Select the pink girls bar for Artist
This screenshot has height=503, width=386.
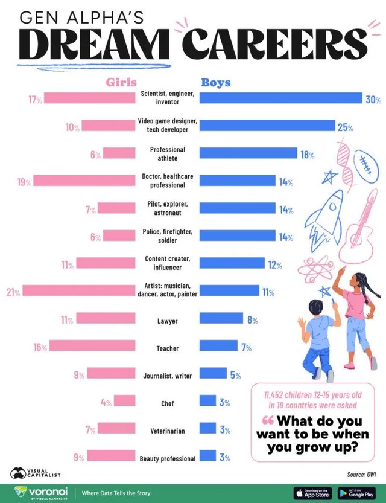click(x=79, y=291)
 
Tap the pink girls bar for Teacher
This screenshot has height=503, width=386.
click(x=93, y=346)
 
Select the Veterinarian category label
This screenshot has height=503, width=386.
click(x=168, y=431)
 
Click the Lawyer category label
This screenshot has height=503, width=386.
click(x=168, y=321)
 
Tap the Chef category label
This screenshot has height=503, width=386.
click(x=168, y=403)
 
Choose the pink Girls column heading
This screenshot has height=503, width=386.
click(x=121, y=82)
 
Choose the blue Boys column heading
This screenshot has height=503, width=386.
click(x=216, y=82)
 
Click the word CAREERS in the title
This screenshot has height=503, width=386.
click(x=274, y=44)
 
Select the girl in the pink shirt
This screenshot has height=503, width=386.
click(x=358, y=317)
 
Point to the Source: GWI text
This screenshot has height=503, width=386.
click(x=360, y=474)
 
